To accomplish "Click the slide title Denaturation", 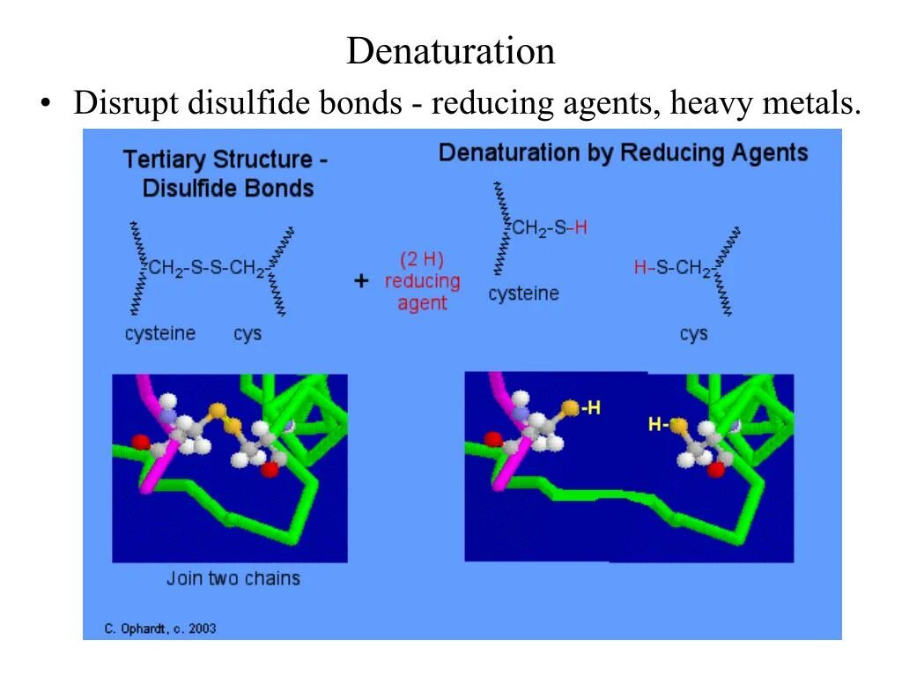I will coord(450,51).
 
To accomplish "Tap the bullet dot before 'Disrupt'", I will coord(45,105).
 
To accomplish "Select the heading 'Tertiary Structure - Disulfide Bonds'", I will coord(225,174).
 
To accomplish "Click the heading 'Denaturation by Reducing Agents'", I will coord(623,153).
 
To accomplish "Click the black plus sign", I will coord(361,281).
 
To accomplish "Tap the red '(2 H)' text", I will coord(422,260).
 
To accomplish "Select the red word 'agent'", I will coord(422,303).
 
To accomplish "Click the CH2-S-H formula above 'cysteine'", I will coord(550,228).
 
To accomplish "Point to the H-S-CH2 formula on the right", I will coord(672,267).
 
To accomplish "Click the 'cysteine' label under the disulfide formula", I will coord(160,334).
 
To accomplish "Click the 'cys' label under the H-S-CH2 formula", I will coord(693,334).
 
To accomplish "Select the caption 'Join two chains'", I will coord(233,578).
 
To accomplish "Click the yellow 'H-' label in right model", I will coord(658,425).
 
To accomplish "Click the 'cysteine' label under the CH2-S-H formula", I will coord(523,294).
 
